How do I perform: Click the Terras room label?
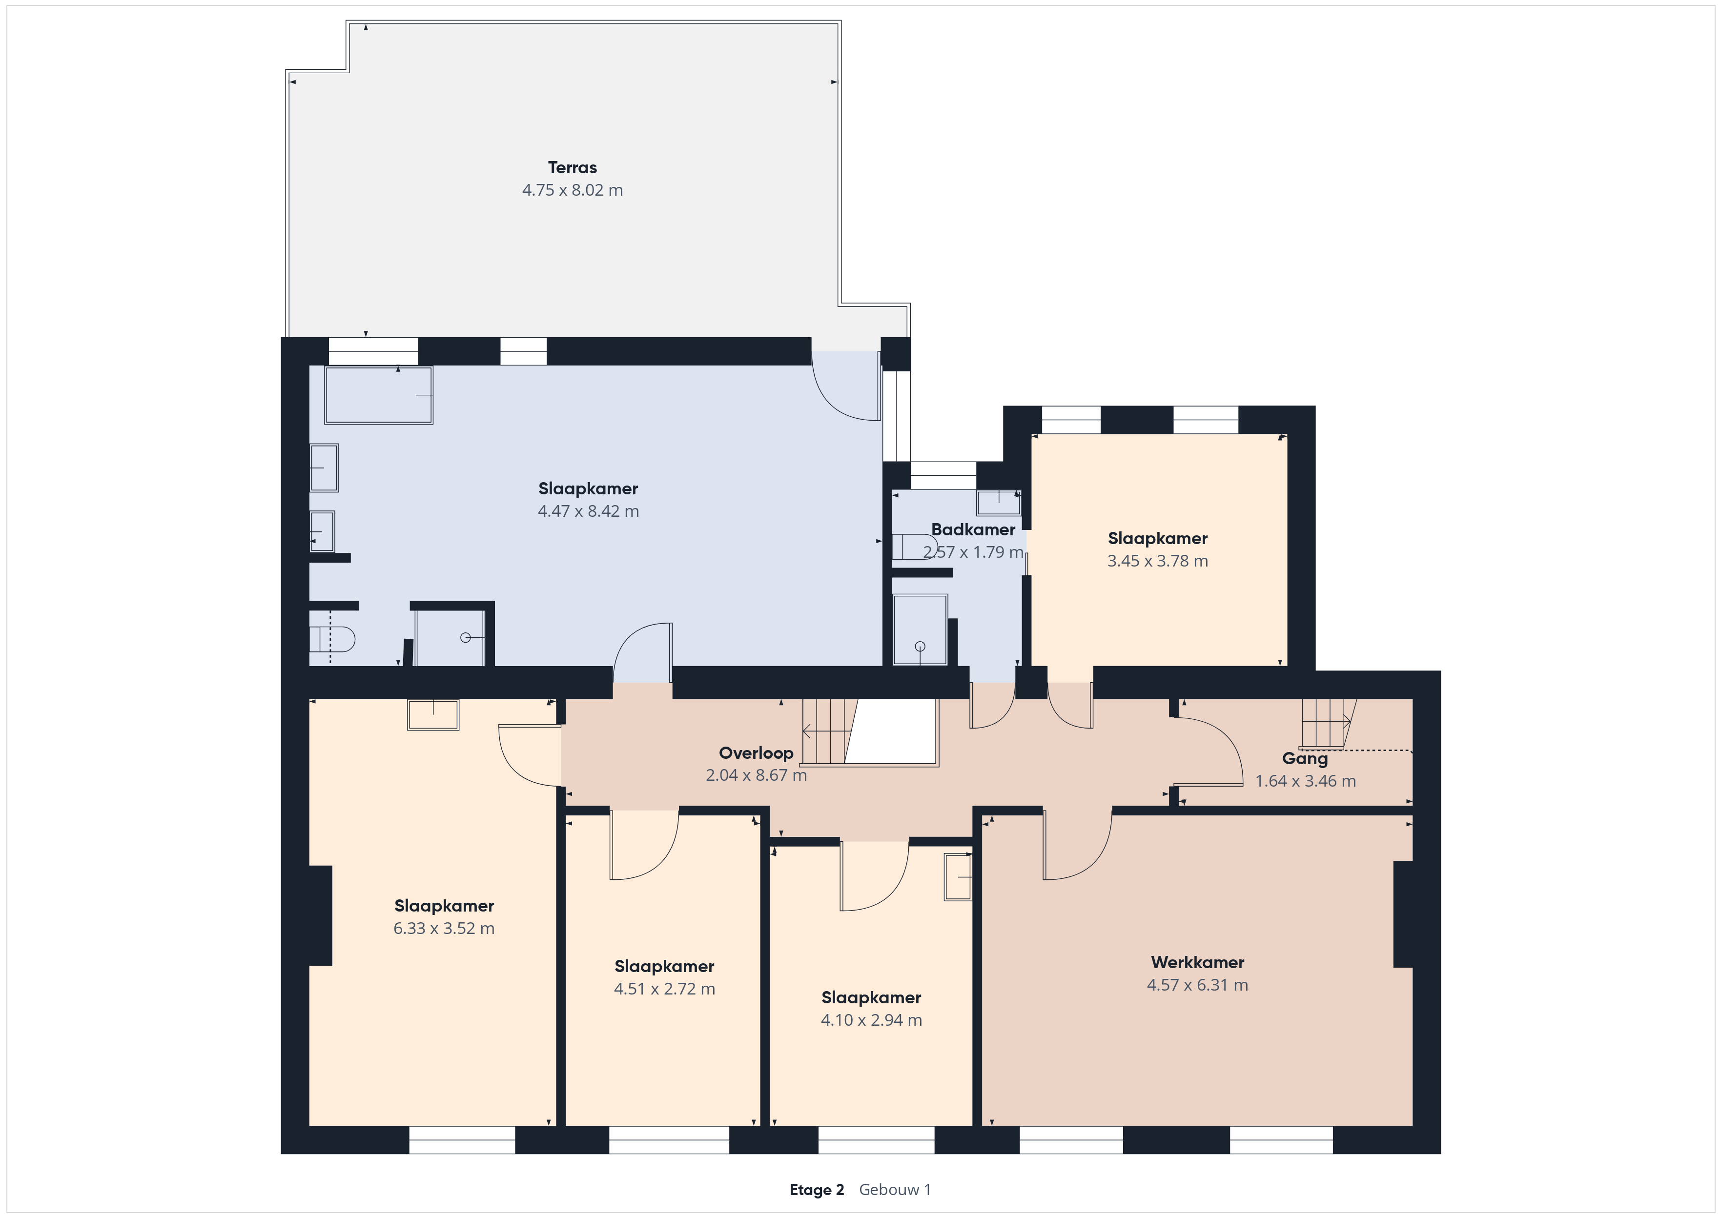click(x=572, y=168)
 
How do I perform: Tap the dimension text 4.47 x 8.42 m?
click(x=588, y=511)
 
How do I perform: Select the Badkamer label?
click(x=973, y=529)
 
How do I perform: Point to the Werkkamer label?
click(x=1197, y=962)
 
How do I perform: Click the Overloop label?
click(x=756, y=753)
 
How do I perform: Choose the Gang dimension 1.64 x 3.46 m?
click(x=1306, y=781)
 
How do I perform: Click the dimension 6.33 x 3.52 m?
click(x=444, y=929)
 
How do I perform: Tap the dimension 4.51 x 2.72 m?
click(x=664, y=989)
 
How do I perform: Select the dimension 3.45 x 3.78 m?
click(x=1157, y=561)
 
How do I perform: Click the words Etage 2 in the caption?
click(x=817, y=1190)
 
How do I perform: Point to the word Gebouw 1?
click(x=895, y=1190)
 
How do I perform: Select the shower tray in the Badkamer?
click(x=920, y=629)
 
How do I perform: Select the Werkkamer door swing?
click(x=1077, y=845)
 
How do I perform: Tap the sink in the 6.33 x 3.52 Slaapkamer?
click(x=433, y=715)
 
